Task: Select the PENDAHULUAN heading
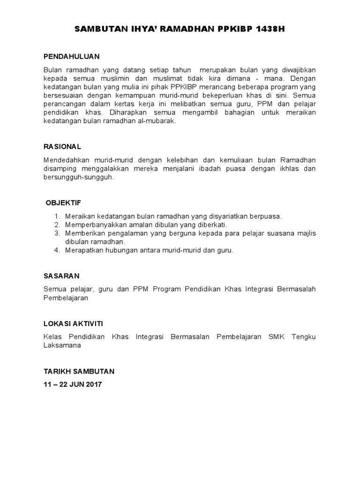click(72, 56)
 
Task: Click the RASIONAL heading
click(62, 146)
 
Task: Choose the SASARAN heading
click(61, 276)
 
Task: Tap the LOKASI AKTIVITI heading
click(74, 323)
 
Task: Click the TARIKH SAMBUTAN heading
click(79, 371)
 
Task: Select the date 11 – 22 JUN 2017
click(73, 384)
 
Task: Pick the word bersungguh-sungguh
click(79, 177)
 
